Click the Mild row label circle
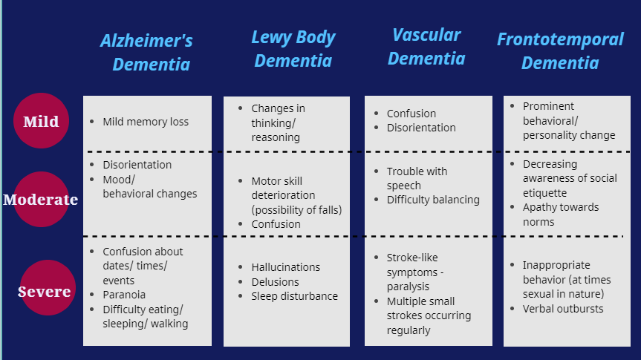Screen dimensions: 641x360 tap(41, 120)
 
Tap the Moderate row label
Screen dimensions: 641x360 tap(40, 200)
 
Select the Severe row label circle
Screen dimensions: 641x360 tap(48, 288)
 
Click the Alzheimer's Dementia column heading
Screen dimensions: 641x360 tap(147, 52)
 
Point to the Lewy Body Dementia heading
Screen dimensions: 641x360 tap(293, 49)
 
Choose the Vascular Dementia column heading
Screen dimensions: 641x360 tap(426, 47)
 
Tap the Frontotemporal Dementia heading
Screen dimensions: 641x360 tap(560, 50)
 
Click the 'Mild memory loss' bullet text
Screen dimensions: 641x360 tap(146, 122)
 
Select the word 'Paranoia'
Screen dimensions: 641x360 tap(124, 295)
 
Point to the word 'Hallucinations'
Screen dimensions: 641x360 tap(286, 267)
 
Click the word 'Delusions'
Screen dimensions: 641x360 tap(275, 282)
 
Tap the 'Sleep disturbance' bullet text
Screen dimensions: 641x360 tap(294, 296)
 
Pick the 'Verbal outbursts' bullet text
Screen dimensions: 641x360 tap(563, 309)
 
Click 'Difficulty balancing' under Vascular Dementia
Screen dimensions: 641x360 tap(433, 200)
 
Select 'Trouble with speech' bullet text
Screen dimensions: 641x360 tap(417, 178)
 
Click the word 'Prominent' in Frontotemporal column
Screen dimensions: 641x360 tap(548, 106)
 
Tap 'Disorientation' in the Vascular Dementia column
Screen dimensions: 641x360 tap(421, 128)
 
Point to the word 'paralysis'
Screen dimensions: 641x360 tap(408, 287)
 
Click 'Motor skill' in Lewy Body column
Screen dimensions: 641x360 tap(277, 181)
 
